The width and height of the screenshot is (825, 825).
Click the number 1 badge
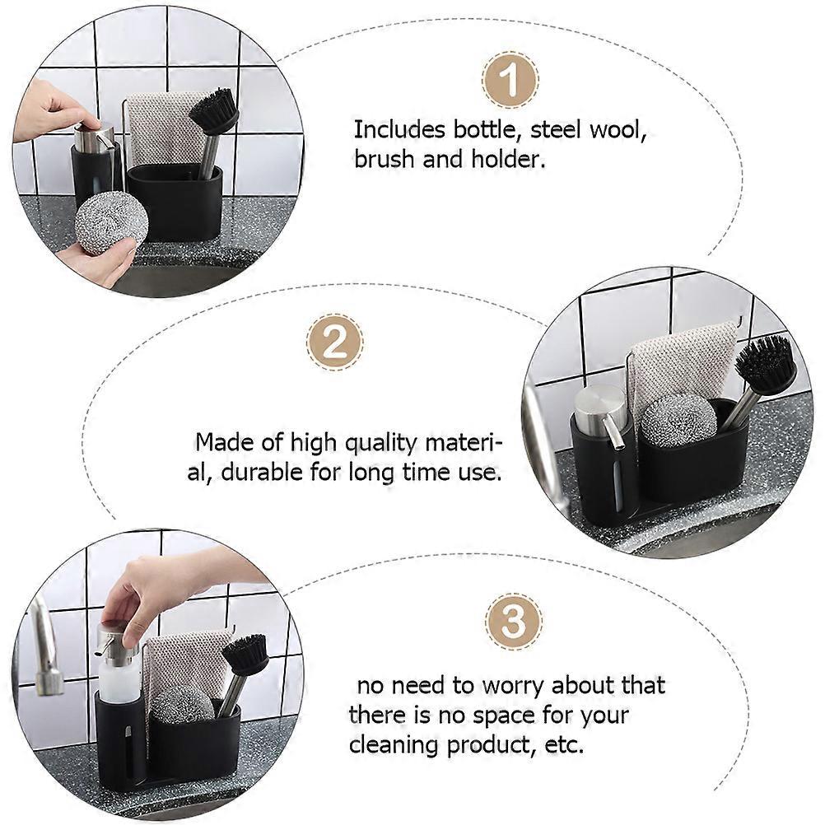[x=510, y=81]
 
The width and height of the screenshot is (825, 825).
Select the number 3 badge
[x=514, y=622]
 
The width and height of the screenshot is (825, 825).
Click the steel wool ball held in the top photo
[x=111, y=222]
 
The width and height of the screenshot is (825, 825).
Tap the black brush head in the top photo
[x=214, y=112]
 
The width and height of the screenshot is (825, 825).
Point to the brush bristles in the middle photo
[x=765, y=363]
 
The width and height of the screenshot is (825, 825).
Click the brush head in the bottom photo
[x=245, y=655]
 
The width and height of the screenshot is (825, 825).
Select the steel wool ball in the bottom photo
[x=183, y=703]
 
